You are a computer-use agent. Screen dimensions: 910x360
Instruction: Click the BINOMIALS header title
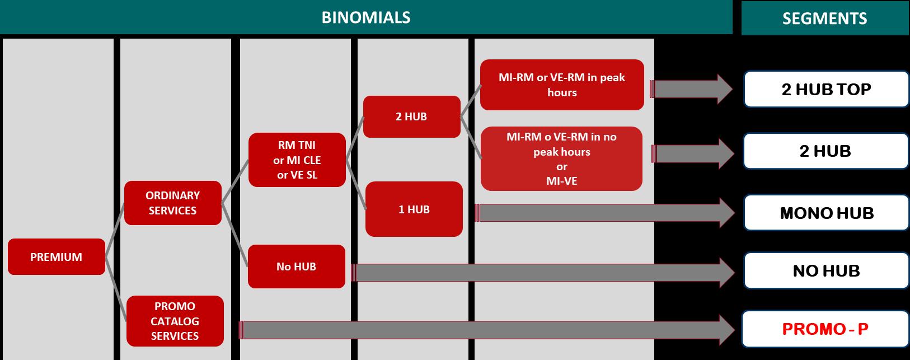(x=365, y=17)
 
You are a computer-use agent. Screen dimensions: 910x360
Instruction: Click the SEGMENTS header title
(x=825, y=18)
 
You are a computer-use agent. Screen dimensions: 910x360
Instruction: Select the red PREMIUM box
(x=57, y=257)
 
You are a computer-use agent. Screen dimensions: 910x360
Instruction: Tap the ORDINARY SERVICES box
(x=173, y=203)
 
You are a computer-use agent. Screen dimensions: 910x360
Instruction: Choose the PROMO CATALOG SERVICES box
(x=175, y=321)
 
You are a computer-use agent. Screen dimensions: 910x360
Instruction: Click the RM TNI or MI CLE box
(x=297, y=160)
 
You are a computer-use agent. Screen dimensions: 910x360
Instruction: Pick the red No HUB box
(x=297, y=267)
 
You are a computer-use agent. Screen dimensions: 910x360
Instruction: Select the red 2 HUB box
(x=411, y=116)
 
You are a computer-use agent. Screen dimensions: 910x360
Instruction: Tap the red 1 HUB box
(x=414, y=209)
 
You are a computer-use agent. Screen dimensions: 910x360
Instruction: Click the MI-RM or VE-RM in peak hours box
(x=562, y=85)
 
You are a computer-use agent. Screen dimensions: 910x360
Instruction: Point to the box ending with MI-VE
(x=561, y=158)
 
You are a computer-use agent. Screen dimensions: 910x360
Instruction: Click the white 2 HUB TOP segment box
(x=826, y=90)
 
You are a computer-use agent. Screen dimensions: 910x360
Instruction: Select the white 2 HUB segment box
(x=825, y=151)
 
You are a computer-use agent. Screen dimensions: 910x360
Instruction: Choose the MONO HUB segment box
(x=826, y=213)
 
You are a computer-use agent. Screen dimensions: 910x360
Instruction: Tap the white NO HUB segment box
(x=826, y=270)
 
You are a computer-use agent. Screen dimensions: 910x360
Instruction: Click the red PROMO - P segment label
(x=825, y=329)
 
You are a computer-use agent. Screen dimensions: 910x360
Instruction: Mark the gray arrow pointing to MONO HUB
(x=604, y=213)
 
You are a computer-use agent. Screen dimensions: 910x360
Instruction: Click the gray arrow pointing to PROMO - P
(x=487, y=330)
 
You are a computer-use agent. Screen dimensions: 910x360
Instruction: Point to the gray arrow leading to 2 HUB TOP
(x=691, y=89)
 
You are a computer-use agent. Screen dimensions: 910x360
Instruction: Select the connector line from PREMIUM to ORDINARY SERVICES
(x=115, y=230)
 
